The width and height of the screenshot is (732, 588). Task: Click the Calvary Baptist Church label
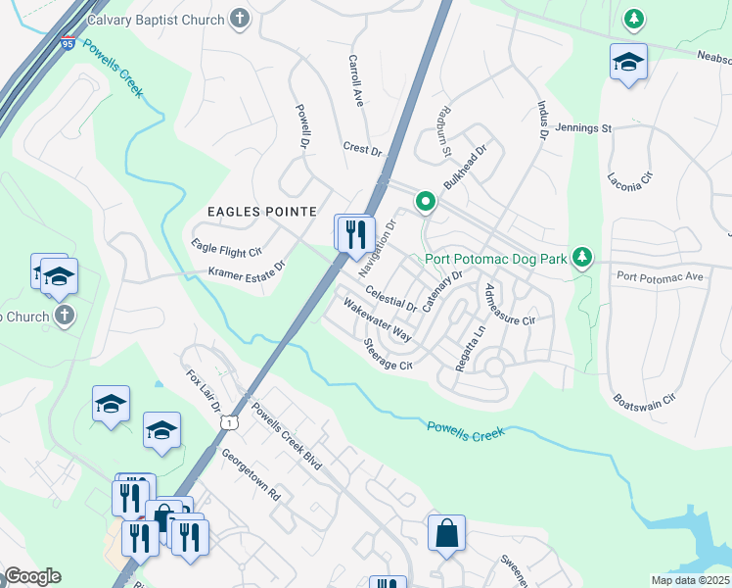point(156,19)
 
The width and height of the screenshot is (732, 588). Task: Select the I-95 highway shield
point(68,43)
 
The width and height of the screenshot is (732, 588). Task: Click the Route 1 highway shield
point(227,421)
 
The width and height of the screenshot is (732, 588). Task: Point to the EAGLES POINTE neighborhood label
point(261,212)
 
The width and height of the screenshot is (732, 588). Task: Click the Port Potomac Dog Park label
point(497,260)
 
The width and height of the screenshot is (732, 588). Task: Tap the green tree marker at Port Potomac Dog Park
point(583,258)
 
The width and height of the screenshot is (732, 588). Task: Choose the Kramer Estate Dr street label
point(245,269)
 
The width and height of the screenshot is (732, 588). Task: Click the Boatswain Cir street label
point(643,400)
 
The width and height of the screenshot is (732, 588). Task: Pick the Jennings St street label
point(582,128)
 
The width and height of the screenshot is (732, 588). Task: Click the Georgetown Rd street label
point(251,474)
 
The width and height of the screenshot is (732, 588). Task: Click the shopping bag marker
point(446,534)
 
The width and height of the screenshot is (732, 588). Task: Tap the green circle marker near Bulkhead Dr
point(426,202)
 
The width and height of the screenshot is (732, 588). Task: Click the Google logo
point(31,576)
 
